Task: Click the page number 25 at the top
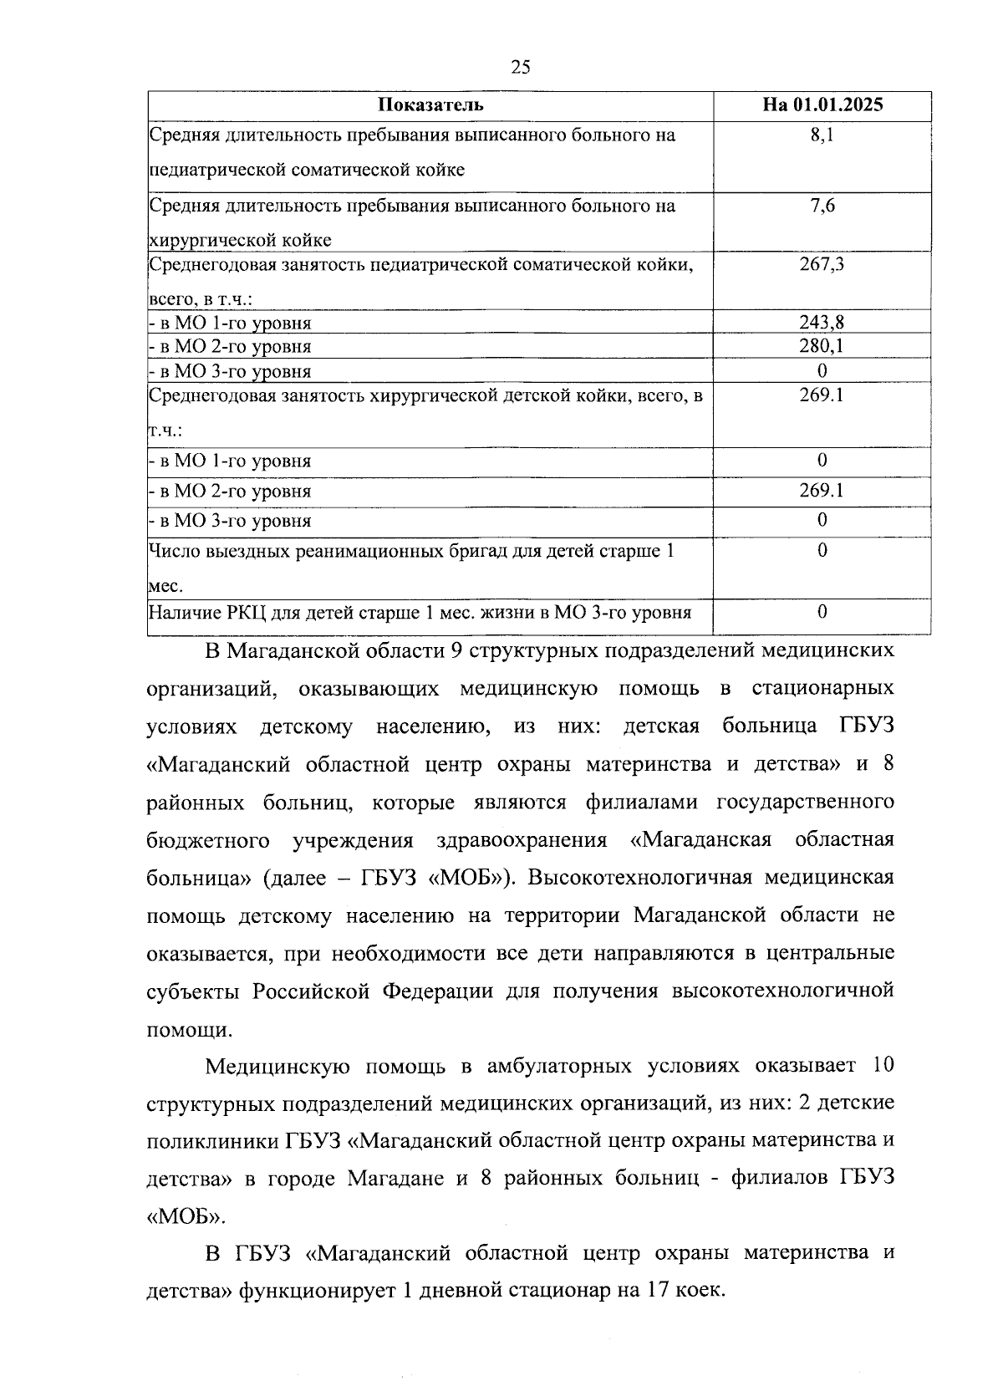pos(520,68)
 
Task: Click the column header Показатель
pos(430,105)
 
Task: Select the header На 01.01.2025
pos(822,105)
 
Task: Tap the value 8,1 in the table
pos(822,135)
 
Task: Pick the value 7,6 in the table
pos(822,206)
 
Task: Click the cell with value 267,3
pos(822,265)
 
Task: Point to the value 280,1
pos(822,346)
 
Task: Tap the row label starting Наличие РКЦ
pos(420,613)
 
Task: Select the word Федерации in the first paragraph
pos(437,991)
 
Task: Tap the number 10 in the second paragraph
pos(882,1066)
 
